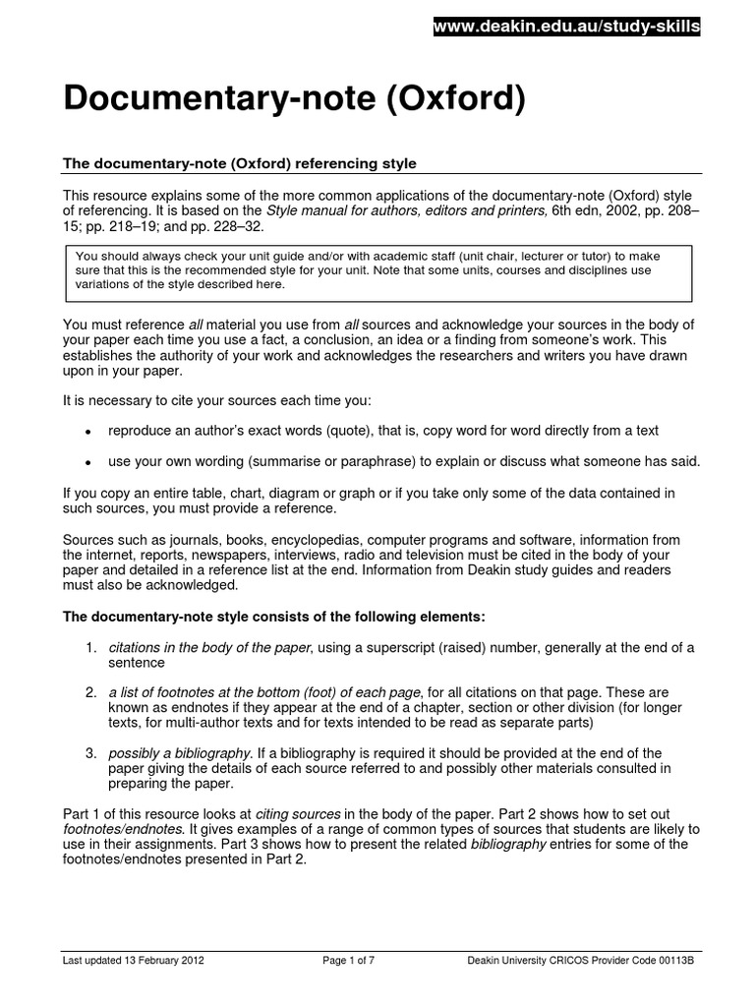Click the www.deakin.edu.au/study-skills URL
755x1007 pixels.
tap(566, 29)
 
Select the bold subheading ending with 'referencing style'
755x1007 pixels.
tap(240, 162)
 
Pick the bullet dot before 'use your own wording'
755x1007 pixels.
tap(88, 462)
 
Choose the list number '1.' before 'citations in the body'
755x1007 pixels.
tap(89, 647)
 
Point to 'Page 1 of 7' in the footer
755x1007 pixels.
tap(351, 960)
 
